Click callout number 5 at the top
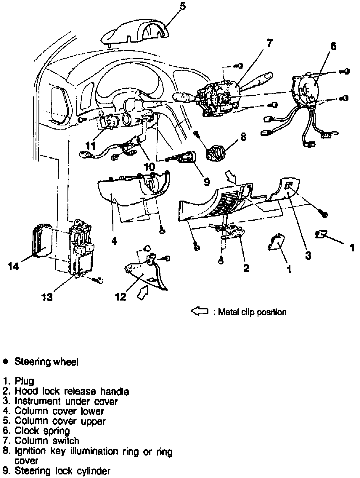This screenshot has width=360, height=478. coord(182,6)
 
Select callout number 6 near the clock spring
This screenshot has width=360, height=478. coord(333,46)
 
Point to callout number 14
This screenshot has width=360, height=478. coord(14,267)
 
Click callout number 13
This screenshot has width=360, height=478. coord(47,297)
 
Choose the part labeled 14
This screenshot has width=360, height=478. coord(41,243)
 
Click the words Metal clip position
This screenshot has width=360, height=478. coord(252,312)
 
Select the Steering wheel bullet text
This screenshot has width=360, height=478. coord(46,362)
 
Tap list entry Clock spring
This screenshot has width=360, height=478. coord(42,431)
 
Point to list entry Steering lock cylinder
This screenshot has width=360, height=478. coord(62,471)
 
